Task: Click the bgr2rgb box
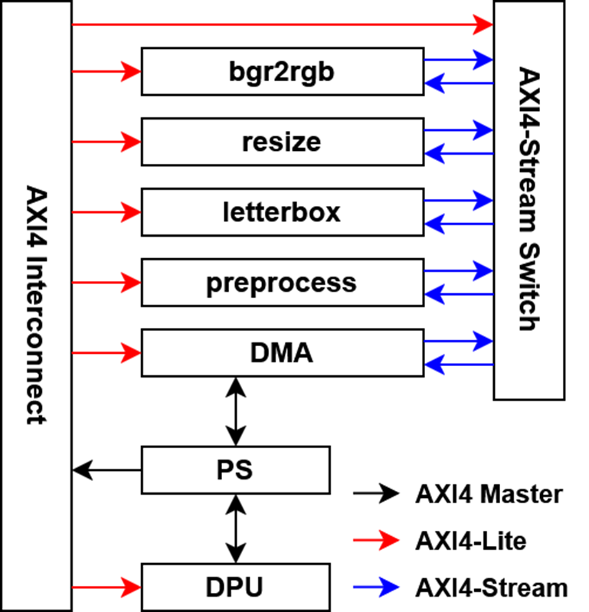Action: coord(282,71)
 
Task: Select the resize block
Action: coord(282,142)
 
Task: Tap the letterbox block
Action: coord(282,211)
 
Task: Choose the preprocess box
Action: coord(282,283)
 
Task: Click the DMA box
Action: coord(282,353)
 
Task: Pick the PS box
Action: coord(235,470)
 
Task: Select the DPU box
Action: coord(235,587)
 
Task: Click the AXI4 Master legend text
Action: coord(489,494)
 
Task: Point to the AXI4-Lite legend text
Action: coord(470,541)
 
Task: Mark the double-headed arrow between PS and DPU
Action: coord(235,529)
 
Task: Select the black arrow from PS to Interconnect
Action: coord(106,470)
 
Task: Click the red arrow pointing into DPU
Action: coord(106,587)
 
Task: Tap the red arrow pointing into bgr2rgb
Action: coord(106,71)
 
